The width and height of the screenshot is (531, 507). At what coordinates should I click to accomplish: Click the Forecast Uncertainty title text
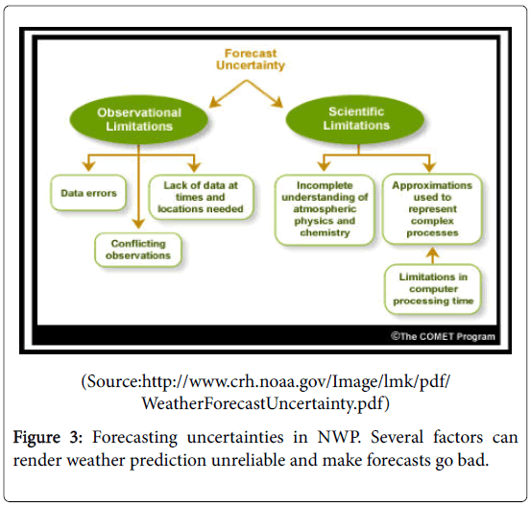click(251, 60)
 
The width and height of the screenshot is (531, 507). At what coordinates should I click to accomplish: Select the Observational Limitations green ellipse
click(139, 119)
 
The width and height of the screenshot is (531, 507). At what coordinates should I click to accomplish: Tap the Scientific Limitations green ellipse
click(355, 118)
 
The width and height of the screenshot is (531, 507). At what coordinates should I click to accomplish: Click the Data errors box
click(88, 193)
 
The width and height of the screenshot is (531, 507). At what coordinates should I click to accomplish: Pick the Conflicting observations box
click(138, 250)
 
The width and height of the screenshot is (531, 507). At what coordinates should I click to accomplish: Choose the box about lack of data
click(201, 197)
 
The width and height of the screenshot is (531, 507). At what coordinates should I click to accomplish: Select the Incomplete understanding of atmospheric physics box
click(325, 209)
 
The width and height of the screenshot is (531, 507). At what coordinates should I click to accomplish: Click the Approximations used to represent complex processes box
click(432, 209)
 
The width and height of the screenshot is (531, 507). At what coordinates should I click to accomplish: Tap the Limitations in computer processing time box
click(433, 289)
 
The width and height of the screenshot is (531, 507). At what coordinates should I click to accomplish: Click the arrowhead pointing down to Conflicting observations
click(138, 224)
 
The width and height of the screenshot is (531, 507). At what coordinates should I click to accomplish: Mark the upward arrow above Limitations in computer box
click(432, 255)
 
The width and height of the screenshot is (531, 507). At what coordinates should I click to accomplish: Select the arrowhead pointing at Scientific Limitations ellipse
click(278, 103)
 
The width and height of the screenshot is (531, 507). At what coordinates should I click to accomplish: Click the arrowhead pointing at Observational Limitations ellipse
click(215, 102)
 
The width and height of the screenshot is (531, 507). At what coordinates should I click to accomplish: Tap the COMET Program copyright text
click(443, 336)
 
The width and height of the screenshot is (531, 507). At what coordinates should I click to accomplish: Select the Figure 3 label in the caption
click(48, 437)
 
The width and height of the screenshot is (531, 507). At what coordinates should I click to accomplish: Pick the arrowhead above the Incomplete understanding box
click(325, 166)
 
